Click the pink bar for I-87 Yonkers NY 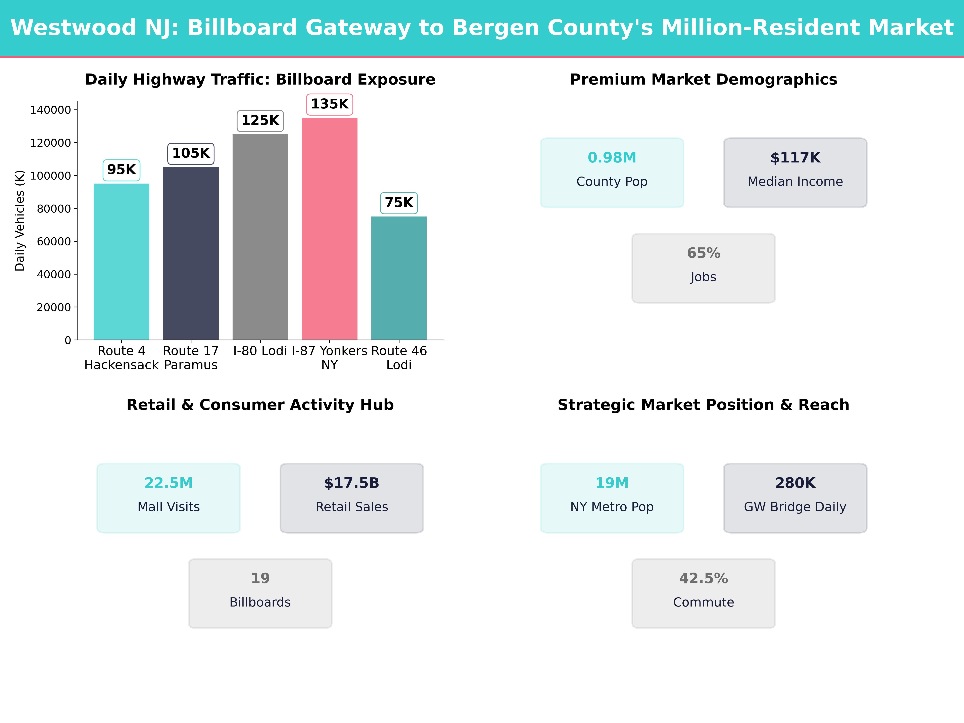click(330, 229)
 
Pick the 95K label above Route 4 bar click(121, 170)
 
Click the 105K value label click(191, 153)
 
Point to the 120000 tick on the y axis click(50, 143)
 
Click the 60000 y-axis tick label click(54, 241)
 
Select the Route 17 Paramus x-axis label click(190, 358)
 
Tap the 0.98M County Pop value click(612, 158)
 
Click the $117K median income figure click(795, 158)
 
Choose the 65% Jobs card click(703, 268)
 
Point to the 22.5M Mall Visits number click(169, 483)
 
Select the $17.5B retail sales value click(352, 483)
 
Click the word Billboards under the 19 click(260, 602)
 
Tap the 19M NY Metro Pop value click(612, 483)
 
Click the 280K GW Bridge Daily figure click(795, 483)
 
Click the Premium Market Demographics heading click(703, 80)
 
